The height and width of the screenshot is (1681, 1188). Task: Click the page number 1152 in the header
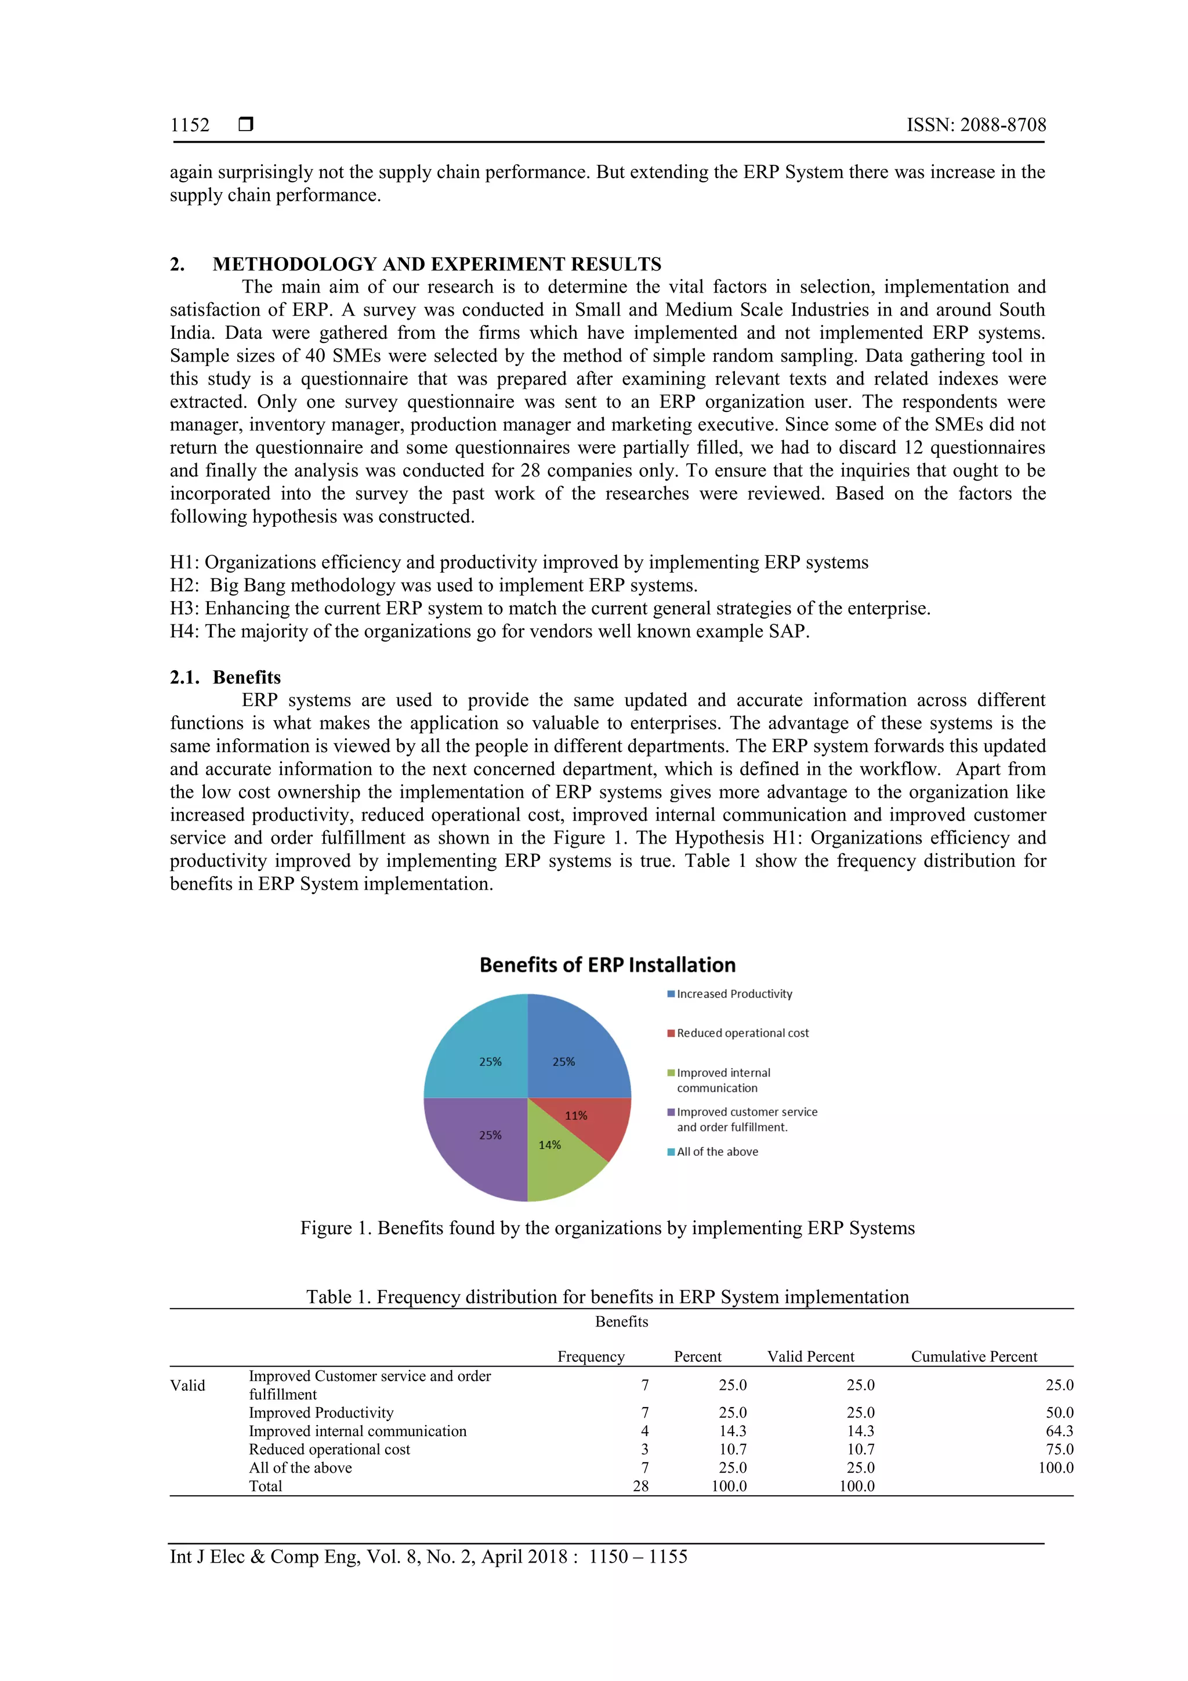point(190,125)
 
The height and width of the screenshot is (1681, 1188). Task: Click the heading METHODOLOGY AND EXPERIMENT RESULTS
point(436,264)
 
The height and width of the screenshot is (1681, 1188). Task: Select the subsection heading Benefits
point(247,677)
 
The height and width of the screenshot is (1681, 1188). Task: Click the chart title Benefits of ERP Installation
point(607,965)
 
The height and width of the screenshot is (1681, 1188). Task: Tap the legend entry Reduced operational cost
point(742,1033)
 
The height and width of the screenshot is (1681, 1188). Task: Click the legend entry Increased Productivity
point(733,994)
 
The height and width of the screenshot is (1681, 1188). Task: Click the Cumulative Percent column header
point(973,1357)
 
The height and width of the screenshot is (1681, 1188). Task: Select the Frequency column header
point(591,1357)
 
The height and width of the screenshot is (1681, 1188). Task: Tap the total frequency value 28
point(640,1486)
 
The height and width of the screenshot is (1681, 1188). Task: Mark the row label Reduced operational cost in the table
point(329,1449)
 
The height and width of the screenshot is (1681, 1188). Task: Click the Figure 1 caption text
point(607,1228)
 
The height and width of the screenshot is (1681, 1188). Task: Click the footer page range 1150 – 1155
point(638,1557)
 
